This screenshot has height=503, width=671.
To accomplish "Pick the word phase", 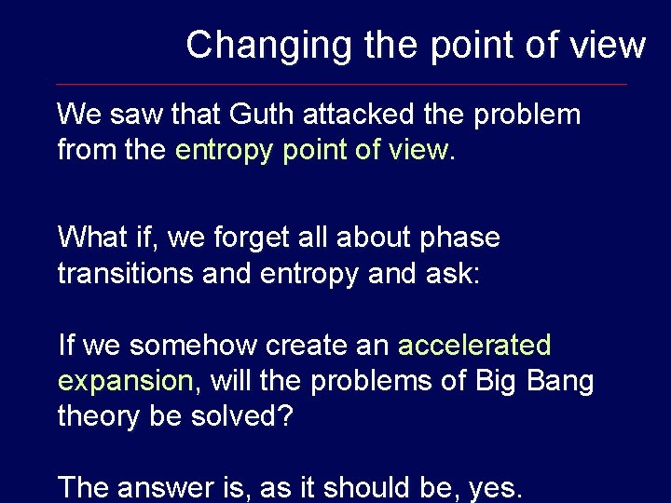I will (x=460, y=238).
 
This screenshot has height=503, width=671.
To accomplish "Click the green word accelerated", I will (x=474, y=346).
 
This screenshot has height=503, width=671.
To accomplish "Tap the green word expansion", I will (x=124, y=381).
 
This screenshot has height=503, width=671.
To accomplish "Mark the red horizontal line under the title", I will (x=341, y=84).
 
